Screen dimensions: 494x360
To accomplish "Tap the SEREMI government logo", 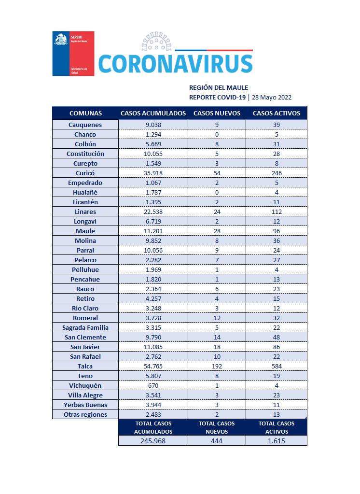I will click(73, 53).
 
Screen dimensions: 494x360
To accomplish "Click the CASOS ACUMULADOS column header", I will click(153, 113).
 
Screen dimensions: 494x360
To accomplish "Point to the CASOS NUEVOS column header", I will click(217, 113).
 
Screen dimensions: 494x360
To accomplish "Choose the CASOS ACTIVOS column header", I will click(277, 113).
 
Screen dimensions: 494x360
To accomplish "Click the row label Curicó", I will click(85, 173).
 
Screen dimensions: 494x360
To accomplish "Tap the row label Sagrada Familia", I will click(85, 327).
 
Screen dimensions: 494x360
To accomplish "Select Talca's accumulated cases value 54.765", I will click(153, 366).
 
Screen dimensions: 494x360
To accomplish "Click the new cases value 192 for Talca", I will click(217, 366).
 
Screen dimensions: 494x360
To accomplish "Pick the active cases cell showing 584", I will click(277, 366).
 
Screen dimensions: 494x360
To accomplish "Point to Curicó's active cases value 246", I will click(277, 173).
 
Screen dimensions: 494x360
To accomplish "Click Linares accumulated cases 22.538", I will click(153, 212).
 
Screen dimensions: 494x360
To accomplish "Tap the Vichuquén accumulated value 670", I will click(153, 385).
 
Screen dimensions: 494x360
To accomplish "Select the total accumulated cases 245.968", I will click(153, 440).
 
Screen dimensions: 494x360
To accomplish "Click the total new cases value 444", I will click(217, 440).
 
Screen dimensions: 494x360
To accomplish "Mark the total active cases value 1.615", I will click(277, 440).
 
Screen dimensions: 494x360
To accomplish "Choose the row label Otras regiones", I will click(85, 414).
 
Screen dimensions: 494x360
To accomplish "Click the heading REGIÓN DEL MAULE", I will click(219, 87).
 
